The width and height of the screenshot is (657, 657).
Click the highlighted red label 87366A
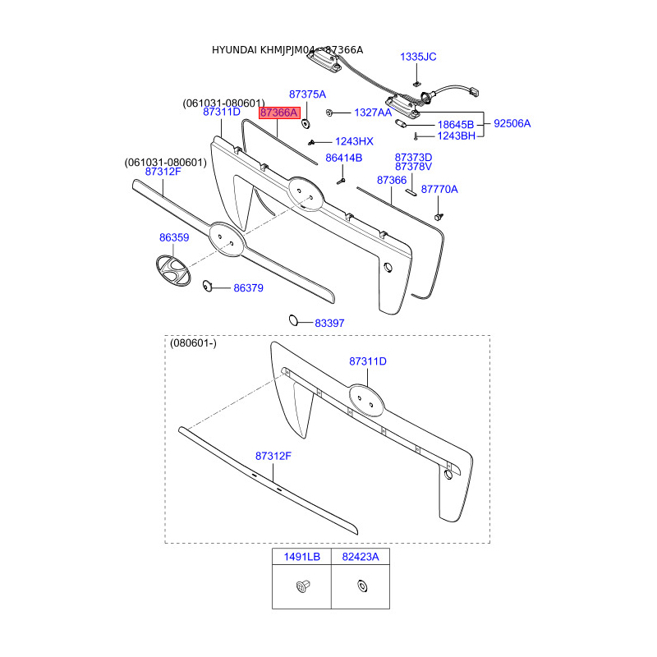[279, 112]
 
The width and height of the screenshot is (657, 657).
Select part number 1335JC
[418, 57]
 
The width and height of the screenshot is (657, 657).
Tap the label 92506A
[512, 124]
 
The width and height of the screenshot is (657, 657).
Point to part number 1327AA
[373, 112]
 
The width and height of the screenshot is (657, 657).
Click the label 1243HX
[354, 141]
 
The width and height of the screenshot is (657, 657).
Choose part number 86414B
[343, 158]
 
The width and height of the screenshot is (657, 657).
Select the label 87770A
[439, 190]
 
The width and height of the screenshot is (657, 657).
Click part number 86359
[174, 237]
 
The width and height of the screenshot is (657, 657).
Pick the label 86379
[248, 288]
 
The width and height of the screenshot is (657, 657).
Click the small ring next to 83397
[293, 319]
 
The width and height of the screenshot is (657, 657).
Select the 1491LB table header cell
[301, 557]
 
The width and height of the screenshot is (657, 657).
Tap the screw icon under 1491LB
[301, 586]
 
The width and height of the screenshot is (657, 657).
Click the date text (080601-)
[193, 343]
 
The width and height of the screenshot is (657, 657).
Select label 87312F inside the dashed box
[273, 455]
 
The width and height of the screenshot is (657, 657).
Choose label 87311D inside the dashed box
[367, 361]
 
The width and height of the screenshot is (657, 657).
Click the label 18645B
[455, 124]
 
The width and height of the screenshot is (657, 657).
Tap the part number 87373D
[413, 157]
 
